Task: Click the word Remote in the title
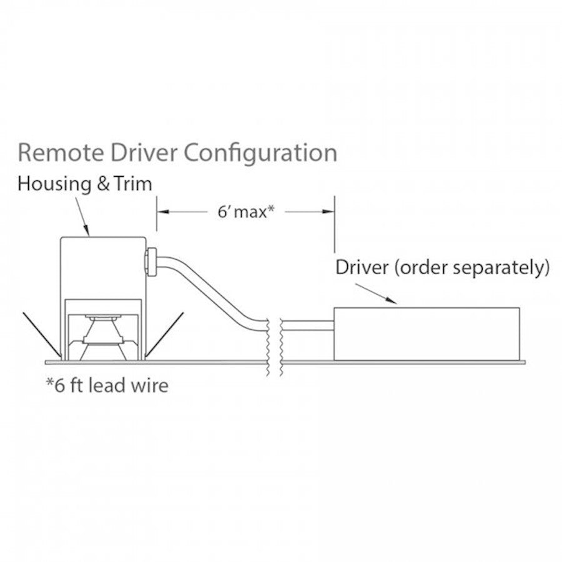(61, 153)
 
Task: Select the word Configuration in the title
(260, 154)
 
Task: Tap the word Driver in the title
(144, 153)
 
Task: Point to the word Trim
(133, 184)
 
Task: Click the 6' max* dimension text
(246, 212)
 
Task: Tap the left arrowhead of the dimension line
(163, 212)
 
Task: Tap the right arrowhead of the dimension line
(328, 212)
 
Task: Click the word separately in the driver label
(501, 268)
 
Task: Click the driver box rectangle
(426, 333)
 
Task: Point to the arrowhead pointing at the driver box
(392, 301)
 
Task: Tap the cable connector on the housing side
(151, 262)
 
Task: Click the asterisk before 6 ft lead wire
(50, 382)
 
